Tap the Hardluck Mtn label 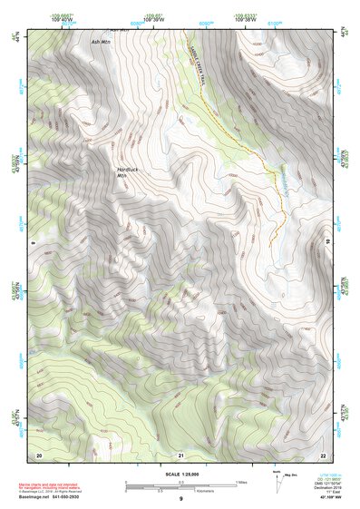(129, 172)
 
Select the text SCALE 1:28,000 (180, 474)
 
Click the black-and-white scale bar (180, 485)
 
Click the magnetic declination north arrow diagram (280, 478)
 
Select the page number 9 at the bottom (180, 499)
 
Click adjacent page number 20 (39, 454)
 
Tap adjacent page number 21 (180, 454)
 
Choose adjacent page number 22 (323, 454)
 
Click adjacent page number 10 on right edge (328, 243)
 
